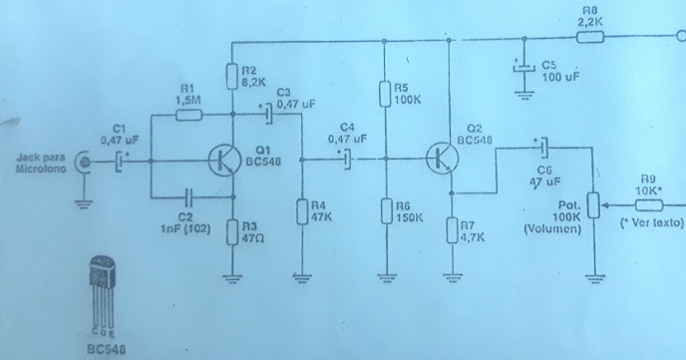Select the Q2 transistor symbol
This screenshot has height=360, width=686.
click(x=443, y=159)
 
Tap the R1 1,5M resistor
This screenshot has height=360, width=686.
click(x=188, y=116)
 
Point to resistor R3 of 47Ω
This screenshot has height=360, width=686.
click(x=232, y=232)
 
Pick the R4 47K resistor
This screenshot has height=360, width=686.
click(x=300, y=211)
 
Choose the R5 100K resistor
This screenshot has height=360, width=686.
click(x=385, y=95)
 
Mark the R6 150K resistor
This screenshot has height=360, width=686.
click(x=385, y=211)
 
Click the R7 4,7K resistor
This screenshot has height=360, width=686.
click(x=451, y=231)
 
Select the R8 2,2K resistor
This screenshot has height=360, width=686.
click(x=589, y=37)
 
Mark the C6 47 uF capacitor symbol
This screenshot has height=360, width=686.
click(x=542, y=148)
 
